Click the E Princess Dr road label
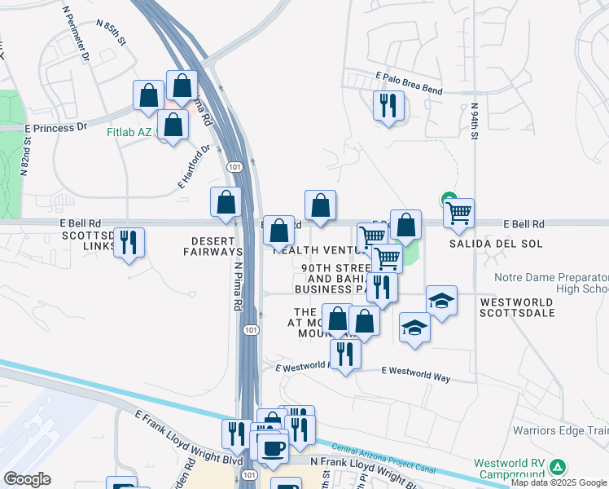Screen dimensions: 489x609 (x=55, y=127)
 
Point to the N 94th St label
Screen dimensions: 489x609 (x=474, y=120)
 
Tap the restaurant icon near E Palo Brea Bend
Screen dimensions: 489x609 (x=388, y=105)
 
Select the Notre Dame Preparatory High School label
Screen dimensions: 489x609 (x=551, y=283)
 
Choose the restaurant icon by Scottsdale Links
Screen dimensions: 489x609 (x=129, y=242)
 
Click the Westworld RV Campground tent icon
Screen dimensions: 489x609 (x=558, y=467)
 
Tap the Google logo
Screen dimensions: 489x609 (x=27, y=479)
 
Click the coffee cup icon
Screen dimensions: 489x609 (x=274, y=447)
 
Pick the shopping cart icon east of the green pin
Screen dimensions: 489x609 (x=459, y=214)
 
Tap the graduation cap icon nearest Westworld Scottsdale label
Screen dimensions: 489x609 (x=441, y=301)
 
